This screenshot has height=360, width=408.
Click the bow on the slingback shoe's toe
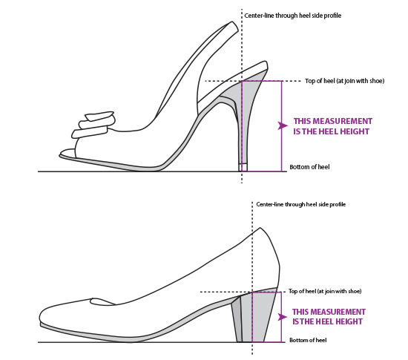click(93, 125)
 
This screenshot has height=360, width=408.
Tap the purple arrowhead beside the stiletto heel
click(283, 125)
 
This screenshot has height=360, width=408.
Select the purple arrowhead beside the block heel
click(283, 317)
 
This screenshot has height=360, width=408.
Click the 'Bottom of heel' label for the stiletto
click(309, 167)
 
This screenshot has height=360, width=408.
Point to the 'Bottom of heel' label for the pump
click(308, 340)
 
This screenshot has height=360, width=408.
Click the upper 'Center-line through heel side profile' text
click(293, 16)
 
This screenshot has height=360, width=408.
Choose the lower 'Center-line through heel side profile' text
click(300, 204)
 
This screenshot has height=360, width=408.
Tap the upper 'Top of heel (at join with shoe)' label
click(344, 81)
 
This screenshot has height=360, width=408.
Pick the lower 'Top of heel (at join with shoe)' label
click(325, 291)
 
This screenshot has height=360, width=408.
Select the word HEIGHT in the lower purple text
click(349, 321)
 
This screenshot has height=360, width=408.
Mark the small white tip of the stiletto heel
click(243, 167)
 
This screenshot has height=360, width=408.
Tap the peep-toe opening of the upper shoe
click(68, 154)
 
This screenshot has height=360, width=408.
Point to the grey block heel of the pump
click(257, 315)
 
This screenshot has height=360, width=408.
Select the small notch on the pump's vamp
click(102, 302)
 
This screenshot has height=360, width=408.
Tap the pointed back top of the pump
click(260, 229)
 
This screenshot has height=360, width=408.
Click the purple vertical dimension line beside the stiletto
click(281, 126)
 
